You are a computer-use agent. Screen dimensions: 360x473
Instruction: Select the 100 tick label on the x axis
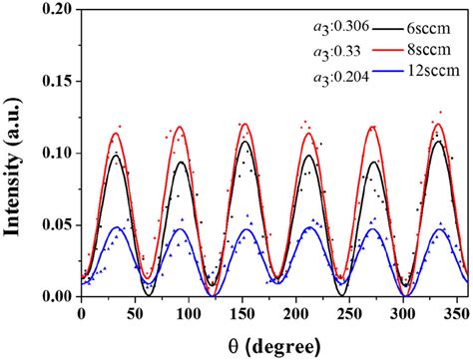[x=158, y=311]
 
